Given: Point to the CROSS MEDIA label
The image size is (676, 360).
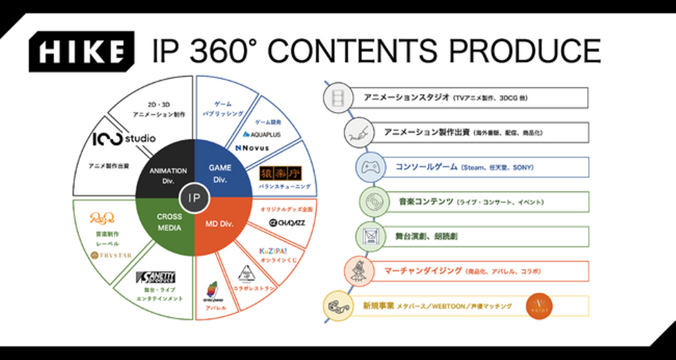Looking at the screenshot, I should point(169,222).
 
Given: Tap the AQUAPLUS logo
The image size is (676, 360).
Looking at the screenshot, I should point(262,134).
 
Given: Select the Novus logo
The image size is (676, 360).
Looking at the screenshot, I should point(253,148).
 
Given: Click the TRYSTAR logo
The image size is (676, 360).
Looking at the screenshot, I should point(111,255).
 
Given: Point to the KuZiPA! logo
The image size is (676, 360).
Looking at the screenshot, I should point(273,251).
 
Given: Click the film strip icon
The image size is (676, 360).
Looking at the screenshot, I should point(338,98).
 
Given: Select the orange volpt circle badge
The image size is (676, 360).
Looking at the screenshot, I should point(539,306).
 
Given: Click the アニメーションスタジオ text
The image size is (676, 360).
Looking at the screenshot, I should point(407,98).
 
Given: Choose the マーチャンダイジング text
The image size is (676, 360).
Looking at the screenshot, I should point(423,271).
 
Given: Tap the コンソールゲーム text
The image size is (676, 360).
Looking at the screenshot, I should point(426,167).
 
